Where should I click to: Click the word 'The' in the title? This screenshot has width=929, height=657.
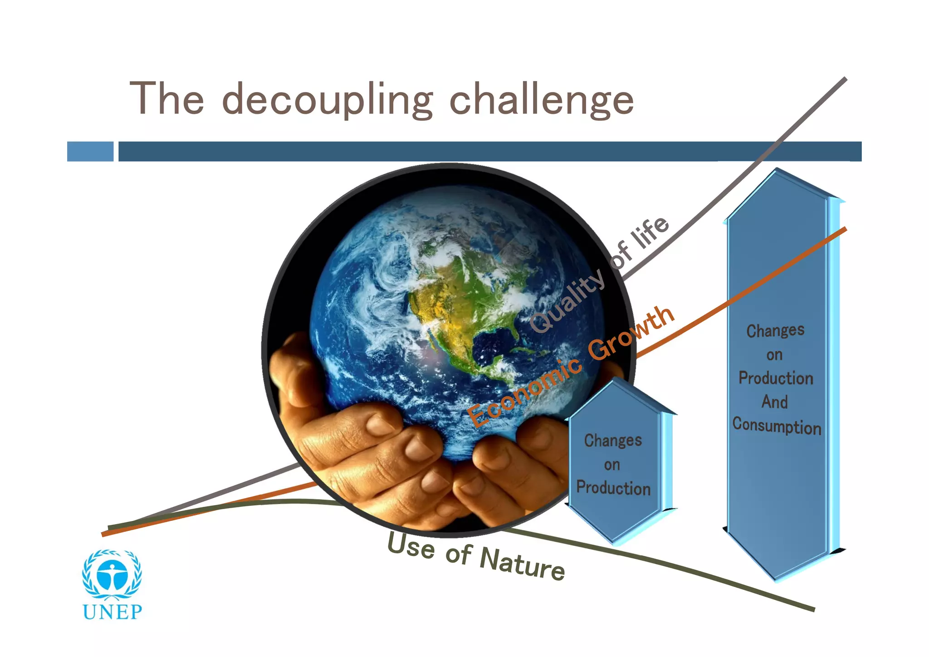coord(167,98)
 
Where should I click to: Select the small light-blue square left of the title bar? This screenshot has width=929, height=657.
coord(90,152)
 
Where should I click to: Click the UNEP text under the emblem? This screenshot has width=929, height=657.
coord(112,612)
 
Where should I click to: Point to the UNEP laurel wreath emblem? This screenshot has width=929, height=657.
coord(112,574)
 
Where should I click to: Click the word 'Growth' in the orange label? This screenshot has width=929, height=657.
coord(631,333)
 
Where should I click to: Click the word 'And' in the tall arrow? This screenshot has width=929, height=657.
coord(774,402)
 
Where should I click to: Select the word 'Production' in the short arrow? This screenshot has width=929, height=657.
coord(613,488)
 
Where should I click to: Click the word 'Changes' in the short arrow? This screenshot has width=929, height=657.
coord(613,441)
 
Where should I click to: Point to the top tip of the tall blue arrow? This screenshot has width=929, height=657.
coord(777,170)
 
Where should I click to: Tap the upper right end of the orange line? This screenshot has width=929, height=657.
coord(845,229)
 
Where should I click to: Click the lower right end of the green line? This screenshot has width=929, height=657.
coord(813,609)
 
